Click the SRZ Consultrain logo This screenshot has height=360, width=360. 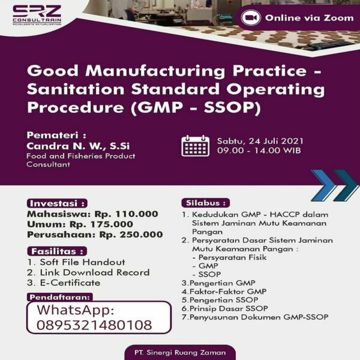[x=37, y=15]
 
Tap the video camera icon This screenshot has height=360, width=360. [x=251, y=18]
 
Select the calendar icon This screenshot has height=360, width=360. [x=195, y=146]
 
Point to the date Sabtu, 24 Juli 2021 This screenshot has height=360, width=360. [x=260, y=141]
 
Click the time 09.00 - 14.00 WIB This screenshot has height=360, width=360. [x=259, y=151]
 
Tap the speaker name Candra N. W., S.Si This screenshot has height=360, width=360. [x=78, y=146]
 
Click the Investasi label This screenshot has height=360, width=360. [x=57, y=204]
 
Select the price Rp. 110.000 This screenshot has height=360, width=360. [x=126, y=214]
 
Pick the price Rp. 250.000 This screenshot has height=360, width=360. [x=131, y=235]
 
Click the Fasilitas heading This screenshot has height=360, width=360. [x=57, y=251]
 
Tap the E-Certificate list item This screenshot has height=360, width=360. [x=64, y=283]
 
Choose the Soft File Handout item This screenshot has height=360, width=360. [x=76, y=262]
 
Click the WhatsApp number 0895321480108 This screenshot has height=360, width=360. [x=94, y=325]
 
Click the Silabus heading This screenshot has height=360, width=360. [x=206, y=203]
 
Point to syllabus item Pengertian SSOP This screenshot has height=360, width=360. [x=220, y=300]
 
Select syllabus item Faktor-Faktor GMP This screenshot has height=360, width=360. [x=224, y=292]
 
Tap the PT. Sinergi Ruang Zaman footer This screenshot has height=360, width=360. [x=180, y=352]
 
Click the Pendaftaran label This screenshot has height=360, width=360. [x=60, y=297]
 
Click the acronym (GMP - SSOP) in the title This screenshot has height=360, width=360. [x=196, y=108]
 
